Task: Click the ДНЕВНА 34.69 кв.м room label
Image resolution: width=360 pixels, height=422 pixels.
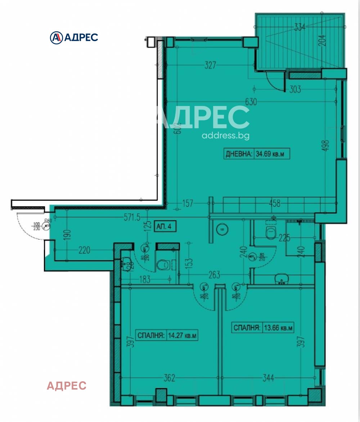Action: point(256,154)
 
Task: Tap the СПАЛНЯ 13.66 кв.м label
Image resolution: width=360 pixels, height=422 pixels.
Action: point(263,328)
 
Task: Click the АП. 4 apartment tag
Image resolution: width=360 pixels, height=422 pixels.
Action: point(165,226)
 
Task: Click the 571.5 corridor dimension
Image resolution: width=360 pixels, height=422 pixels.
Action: point(130,216)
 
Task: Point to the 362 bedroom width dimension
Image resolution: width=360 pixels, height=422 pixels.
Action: point(169,378)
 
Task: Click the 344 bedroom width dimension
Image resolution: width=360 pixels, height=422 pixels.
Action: point(268,378)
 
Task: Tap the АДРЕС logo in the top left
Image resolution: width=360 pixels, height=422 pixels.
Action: point(74,37)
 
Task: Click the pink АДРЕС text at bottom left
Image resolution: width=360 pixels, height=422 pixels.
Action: point(67,386)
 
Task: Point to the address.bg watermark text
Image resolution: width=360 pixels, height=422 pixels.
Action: point(225,136)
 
